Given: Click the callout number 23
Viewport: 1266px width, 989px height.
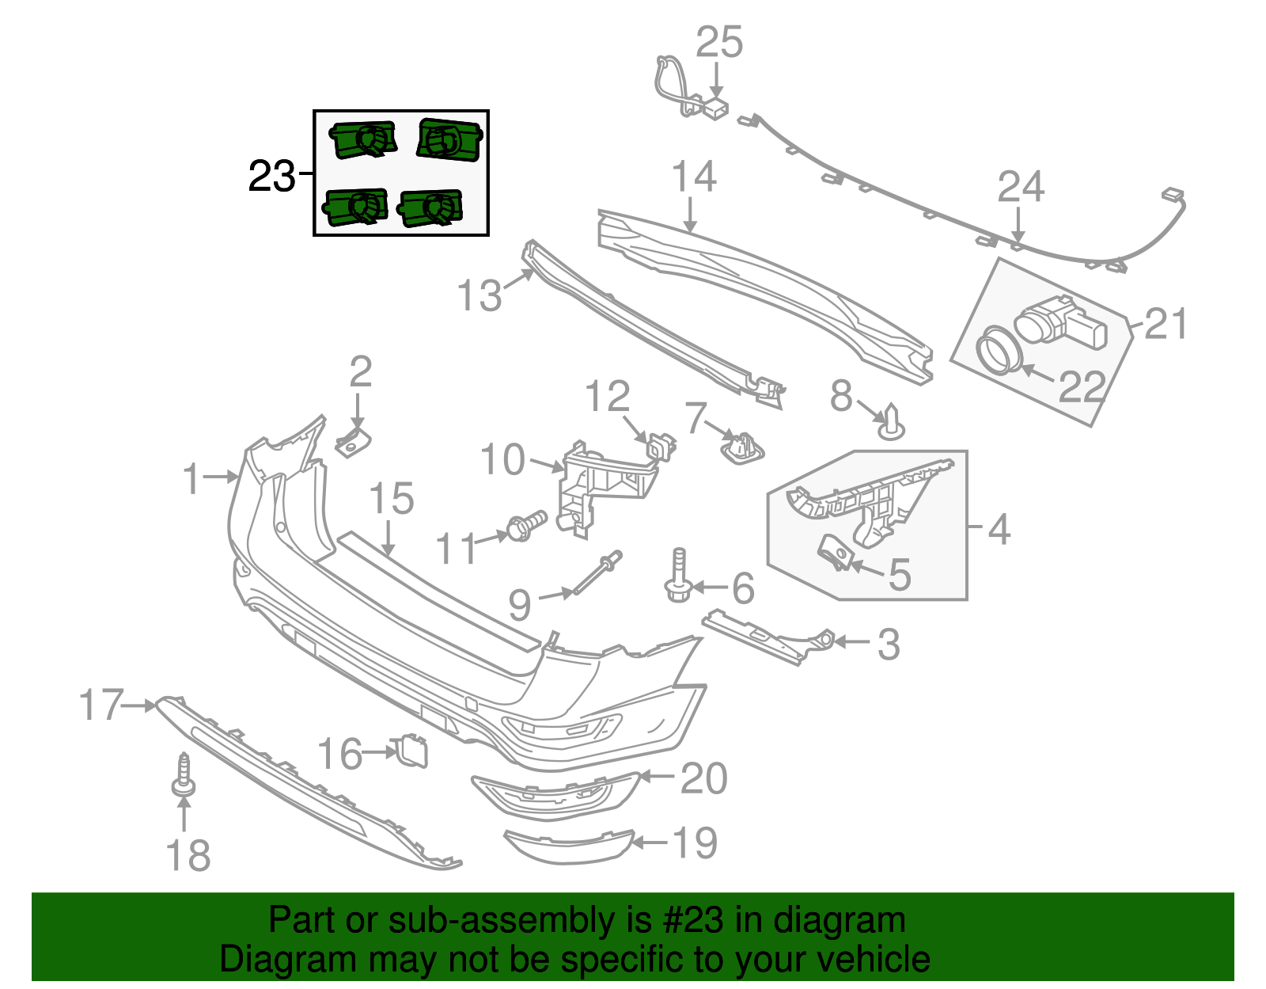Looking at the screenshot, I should coord(271,176).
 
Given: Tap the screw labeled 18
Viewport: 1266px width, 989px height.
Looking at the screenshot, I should coord(184,776).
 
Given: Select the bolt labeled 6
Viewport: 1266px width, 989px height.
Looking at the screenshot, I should coord(679,578).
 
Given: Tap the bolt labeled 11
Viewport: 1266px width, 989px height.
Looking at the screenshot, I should coord(525,526).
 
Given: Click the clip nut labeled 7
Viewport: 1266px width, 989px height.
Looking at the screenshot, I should coord(741,448).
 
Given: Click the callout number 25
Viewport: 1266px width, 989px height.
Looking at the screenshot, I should coord(719,42).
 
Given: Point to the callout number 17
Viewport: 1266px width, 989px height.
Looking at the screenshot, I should coord(102,705).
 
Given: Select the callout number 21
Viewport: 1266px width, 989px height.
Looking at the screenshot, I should coord(1166,324).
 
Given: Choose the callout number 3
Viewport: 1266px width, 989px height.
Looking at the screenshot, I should coord(889,644).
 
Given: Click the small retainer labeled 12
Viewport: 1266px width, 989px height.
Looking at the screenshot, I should coord(661,446).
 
